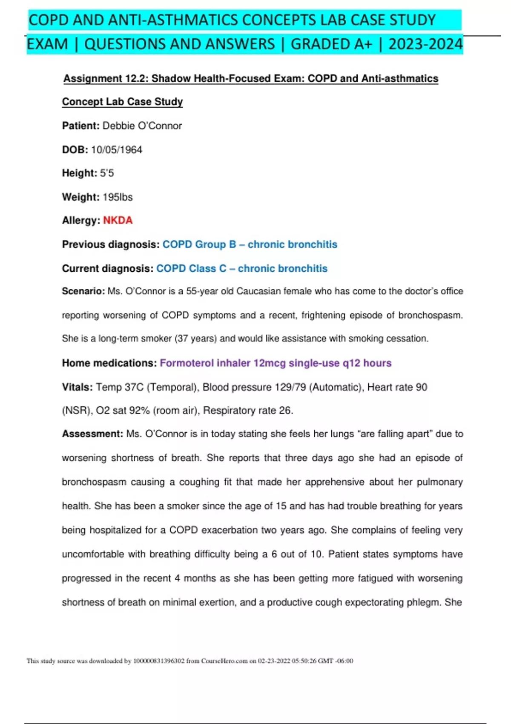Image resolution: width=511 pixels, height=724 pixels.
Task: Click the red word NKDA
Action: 118,220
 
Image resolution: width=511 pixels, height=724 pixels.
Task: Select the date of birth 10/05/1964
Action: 116,149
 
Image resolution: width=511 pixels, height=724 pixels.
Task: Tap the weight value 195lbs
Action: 118,197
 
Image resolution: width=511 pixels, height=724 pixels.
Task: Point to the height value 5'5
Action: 107,173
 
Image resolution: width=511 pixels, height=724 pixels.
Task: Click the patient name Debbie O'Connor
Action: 142,126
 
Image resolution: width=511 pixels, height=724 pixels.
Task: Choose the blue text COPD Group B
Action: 199,244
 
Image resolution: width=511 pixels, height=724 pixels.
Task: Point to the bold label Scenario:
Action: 83,291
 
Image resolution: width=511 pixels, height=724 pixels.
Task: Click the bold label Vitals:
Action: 77,387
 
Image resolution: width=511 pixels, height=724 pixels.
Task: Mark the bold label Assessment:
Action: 92,434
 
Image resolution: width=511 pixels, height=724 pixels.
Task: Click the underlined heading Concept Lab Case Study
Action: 122,102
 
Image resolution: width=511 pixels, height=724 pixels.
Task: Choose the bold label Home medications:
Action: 109,363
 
